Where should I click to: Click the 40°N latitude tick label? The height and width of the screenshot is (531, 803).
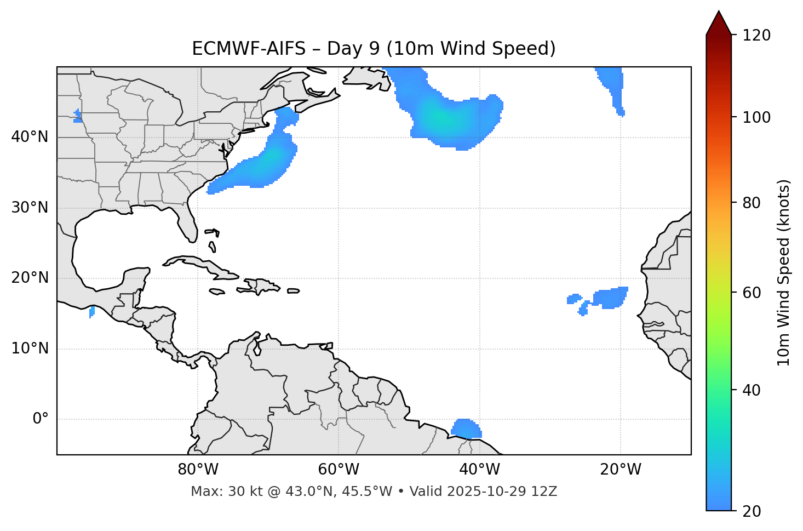point(30,137)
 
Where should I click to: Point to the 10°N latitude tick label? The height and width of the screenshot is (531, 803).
point(30,349)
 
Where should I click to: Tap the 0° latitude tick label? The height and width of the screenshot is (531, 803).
point(41,419)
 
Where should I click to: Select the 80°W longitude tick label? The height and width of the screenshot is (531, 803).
point(198,470)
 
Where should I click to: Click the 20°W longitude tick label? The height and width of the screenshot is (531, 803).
point(621,470)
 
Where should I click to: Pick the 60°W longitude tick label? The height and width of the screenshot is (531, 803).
point(339,470)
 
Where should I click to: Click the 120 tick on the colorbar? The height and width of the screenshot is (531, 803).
point(756,36)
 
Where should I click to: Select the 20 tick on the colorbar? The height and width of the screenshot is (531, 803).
point(752,511)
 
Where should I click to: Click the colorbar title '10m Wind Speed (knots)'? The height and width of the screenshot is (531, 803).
point(784,272)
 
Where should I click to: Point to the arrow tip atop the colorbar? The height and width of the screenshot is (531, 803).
point(719,12)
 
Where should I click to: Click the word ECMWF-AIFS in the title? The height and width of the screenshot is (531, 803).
point(249,49)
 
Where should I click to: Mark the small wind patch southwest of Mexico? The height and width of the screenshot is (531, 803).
point(91,312)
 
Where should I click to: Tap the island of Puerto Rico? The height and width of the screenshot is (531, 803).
point(293,291)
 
